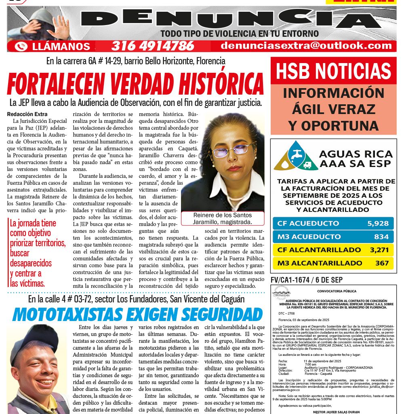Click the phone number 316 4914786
point(152,46)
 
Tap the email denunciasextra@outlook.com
point(306,46)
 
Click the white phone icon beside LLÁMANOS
point(21,46)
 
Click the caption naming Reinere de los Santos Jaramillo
point(222,218)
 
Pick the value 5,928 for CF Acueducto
point(378,223)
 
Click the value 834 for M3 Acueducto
point(381,237)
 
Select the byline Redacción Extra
point(27,114)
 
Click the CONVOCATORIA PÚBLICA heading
point(331,290)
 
